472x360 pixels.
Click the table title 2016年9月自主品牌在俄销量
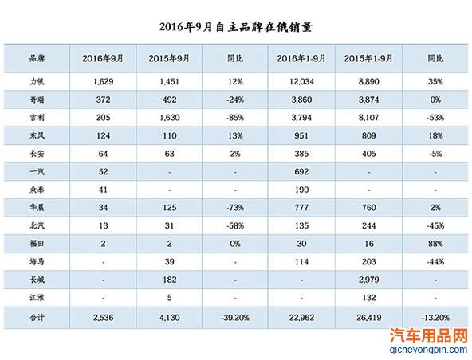pyautogui.click(x=236, y=27)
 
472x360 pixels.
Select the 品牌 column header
pyautogui.click(x=37, y=58)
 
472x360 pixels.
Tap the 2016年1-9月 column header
pyautogui.click(x=301, y=58)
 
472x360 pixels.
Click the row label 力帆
pyautogui.click(x=37, y=81)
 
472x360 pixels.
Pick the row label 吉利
pyautogui.click(x=37, y=117)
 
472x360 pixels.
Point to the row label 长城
pyautogui.click(x=37, y=280)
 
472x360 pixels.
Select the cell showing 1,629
pyautogui.click(x=104, y=81)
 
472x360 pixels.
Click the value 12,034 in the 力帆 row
pyautogui.click(x=301, y=81)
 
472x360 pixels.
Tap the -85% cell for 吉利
pyautogui.click(x=235, y=117)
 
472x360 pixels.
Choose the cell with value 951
pyautogui.click(x=301, y=135)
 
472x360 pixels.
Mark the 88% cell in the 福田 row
pyautogui.click(x=435, y=243)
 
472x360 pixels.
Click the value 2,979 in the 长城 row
pyautogui.click(x=368, y=280)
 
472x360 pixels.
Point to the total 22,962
pyautogui.click(x=301, y=317)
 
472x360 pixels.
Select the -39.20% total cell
pyautogui.click(x=235, y=317)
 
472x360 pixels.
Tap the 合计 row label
pyautogui.click(x=37, y=317)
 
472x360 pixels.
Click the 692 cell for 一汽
pyautogui.click(x=301, y=171)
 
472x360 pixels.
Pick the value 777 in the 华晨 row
pyautogui.click(x=301, y=207)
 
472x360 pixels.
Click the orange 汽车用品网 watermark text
pyautogui.click(x=429, y=335)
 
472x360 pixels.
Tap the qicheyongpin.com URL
pyautogui.click(x=428, y=350)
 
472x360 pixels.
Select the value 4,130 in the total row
pyautogui.click(x=170, y=317)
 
